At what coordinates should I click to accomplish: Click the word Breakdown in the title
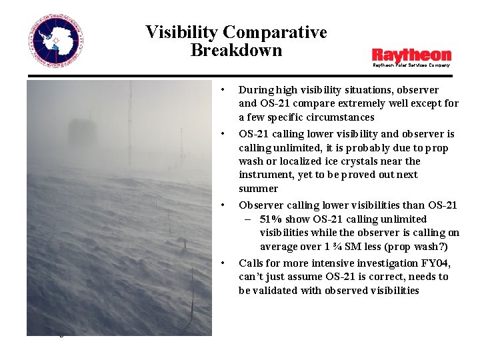tap(236, 51)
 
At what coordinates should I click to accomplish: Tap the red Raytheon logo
tap(411, 55)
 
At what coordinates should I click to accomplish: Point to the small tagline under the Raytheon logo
tap(411, 65)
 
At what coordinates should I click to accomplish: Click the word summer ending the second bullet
tap(258, 189)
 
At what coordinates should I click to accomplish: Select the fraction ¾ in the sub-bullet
tap(345, 247)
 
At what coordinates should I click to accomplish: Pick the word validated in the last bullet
tap(277, 291)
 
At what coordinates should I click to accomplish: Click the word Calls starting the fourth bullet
tap(251, 263)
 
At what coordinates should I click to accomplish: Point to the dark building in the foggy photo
tap(82, 134)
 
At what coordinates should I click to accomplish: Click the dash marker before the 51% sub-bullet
tap(247, 219)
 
